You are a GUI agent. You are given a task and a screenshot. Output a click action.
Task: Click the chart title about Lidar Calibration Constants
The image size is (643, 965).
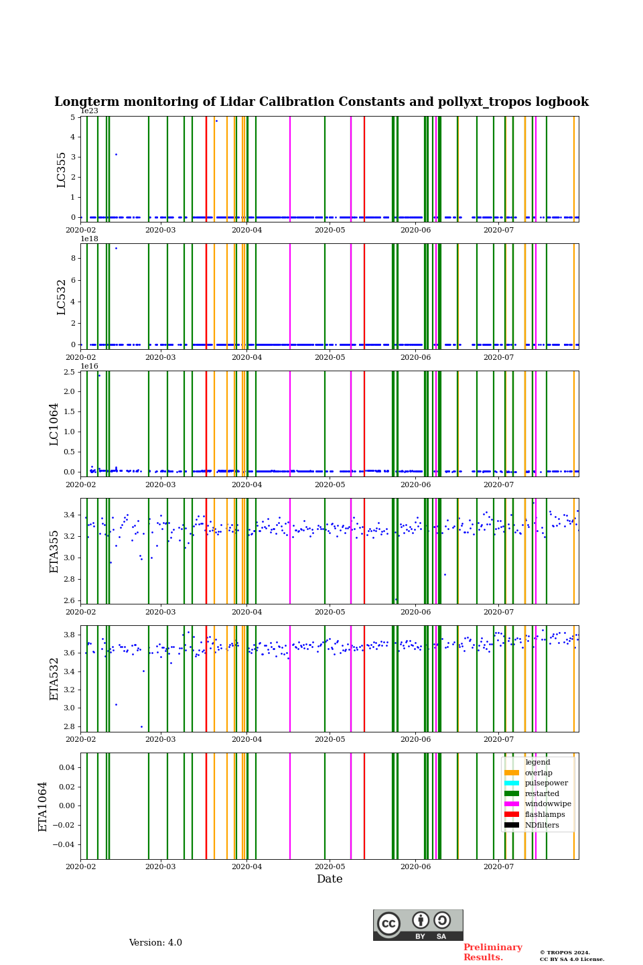click(321, 102)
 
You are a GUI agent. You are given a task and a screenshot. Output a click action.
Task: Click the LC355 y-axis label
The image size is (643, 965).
click(62, 170)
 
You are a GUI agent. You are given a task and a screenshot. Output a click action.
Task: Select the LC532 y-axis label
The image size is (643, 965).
click(62, 297)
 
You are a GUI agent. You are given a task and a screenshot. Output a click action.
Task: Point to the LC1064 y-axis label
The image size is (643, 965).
click(54, 424)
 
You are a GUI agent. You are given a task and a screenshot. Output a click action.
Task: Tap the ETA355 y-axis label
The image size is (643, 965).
click(54, 552)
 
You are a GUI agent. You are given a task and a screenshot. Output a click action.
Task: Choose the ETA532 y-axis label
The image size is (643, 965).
click(54, 678)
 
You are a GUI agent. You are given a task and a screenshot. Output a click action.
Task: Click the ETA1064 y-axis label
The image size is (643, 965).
click(43, 806)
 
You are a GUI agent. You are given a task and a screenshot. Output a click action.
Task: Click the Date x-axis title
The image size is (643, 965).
click(330, 879)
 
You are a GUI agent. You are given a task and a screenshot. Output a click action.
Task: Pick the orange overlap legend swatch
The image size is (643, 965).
click(512, 773)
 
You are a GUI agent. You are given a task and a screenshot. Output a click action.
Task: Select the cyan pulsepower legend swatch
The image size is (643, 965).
click(512, 783)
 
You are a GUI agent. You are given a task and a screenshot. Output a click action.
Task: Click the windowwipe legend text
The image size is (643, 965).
click(548, 804)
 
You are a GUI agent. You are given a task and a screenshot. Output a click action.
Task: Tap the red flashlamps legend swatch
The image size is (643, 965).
click(512, 814)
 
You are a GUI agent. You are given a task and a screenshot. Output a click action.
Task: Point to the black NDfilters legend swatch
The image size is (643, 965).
click(512, 825)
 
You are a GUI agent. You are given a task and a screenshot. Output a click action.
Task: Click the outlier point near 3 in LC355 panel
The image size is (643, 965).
click(116, 155)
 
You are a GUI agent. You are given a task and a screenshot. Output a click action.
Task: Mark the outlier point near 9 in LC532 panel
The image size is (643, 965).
click(116, 249)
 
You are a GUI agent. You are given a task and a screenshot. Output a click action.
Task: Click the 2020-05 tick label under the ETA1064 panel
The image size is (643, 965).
click(330, 867)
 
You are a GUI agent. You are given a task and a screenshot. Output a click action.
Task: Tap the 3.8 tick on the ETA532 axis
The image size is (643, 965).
click(70, 635)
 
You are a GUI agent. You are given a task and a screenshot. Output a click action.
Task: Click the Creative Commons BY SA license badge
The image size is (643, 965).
click(418, 925)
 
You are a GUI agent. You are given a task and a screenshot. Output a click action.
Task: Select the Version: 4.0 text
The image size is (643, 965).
click(155, 943)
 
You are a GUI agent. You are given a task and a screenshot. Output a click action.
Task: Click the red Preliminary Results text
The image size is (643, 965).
click(492, 952)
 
